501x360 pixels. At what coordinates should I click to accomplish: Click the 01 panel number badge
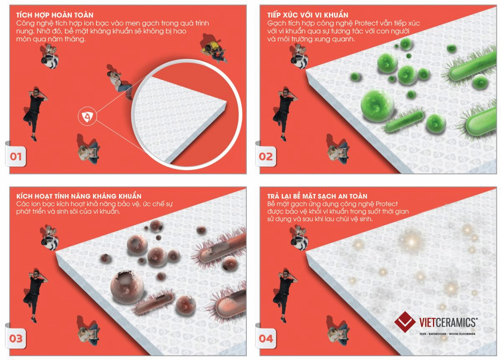point(15,156)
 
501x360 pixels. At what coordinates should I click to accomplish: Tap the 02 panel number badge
point(266,156)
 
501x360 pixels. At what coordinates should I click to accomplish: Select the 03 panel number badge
point(15,339)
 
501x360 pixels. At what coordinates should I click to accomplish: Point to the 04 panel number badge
point(266,339)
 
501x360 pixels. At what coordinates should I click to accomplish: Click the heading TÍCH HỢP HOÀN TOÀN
point(55,15)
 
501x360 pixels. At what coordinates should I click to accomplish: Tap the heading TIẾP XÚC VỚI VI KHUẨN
point(308,15)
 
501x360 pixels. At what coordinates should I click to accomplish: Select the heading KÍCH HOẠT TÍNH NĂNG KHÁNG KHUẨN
point(79,196)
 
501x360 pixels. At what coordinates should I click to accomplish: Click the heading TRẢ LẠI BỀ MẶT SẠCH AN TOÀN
point(317,196)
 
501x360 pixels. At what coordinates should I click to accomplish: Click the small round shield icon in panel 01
point(87,116)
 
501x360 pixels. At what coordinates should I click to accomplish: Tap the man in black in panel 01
point(35,114)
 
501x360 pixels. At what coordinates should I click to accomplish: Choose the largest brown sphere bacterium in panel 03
point(127,287)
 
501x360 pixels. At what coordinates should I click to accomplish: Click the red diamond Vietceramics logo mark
point(405,322)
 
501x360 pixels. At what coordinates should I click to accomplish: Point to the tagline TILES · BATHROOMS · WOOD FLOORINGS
point(447,334)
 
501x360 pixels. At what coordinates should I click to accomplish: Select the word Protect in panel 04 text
point(387,204)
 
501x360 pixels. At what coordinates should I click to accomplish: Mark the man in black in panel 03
point(35,296)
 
